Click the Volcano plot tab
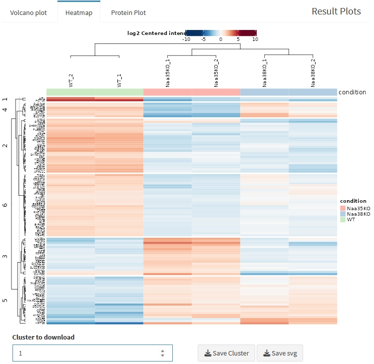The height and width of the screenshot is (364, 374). [28, 12]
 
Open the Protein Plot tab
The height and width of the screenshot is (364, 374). [128, 12]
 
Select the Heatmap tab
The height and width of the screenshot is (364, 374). [79, 12]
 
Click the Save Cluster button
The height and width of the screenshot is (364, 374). [227, 353]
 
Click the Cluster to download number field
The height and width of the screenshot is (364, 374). [85, 353]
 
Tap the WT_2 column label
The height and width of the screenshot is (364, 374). [71, 80]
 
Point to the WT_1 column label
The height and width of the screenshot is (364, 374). [119, 80]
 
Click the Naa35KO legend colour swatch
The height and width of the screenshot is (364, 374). [343, 208]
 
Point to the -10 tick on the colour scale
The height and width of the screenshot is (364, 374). [186, 39]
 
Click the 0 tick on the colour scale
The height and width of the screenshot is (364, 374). [221, 39]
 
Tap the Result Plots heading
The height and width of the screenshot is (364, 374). [336, 11]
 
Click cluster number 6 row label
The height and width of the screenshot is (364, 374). [5, 205]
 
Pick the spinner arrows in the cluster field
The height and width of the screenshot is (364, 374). [162, 353]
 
